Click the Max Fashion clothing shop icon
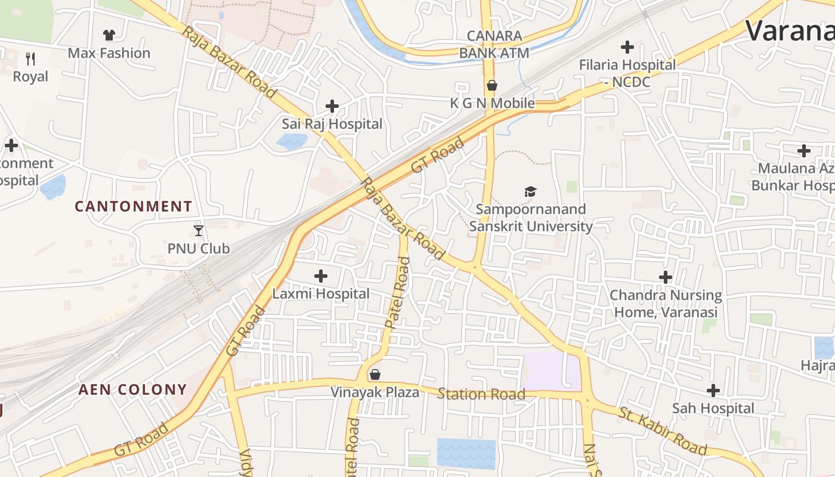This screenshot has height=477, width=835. pos(109,36)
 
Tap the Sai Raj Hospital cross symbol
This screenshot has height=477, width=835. pos(332,107)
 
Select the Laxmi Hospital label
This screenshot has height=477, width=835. pos(321,294)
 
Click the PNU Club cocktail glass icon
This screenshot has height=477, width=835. pos(199,231)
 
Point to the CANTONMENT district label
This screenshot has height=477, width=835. pos(134,207)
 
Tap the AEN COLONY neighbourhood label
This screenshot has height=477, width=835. pos(133,390)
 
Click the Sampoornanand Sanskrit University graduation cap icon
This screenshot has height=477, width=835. pos(530,191)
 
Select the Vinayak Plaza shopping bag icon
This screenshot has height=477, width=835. pos(375,374)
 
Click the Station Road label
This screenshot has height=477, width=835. pos(481,394)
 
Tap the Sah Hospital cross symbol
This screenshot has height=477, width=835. pos(713,391)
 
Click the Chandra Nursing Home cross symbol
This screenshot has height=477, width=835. pos(666,277)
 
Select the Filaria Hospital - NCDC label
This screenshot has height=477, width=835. pos(627,73)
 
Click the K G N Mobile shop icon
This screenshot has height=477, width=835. pos(492,86)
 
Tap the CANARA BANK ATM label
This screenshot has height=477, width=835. pos(494,44)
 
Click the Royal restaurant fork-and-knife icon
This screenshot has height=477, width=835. pos(31,59)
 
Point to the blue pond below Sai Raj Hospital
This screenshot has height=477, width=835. pos(292,141)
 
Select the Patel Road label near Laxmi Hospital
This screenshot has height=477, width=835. pos(398,293)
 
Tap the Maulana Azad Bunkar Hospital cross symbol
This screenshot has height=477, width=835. pos(804,151)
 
